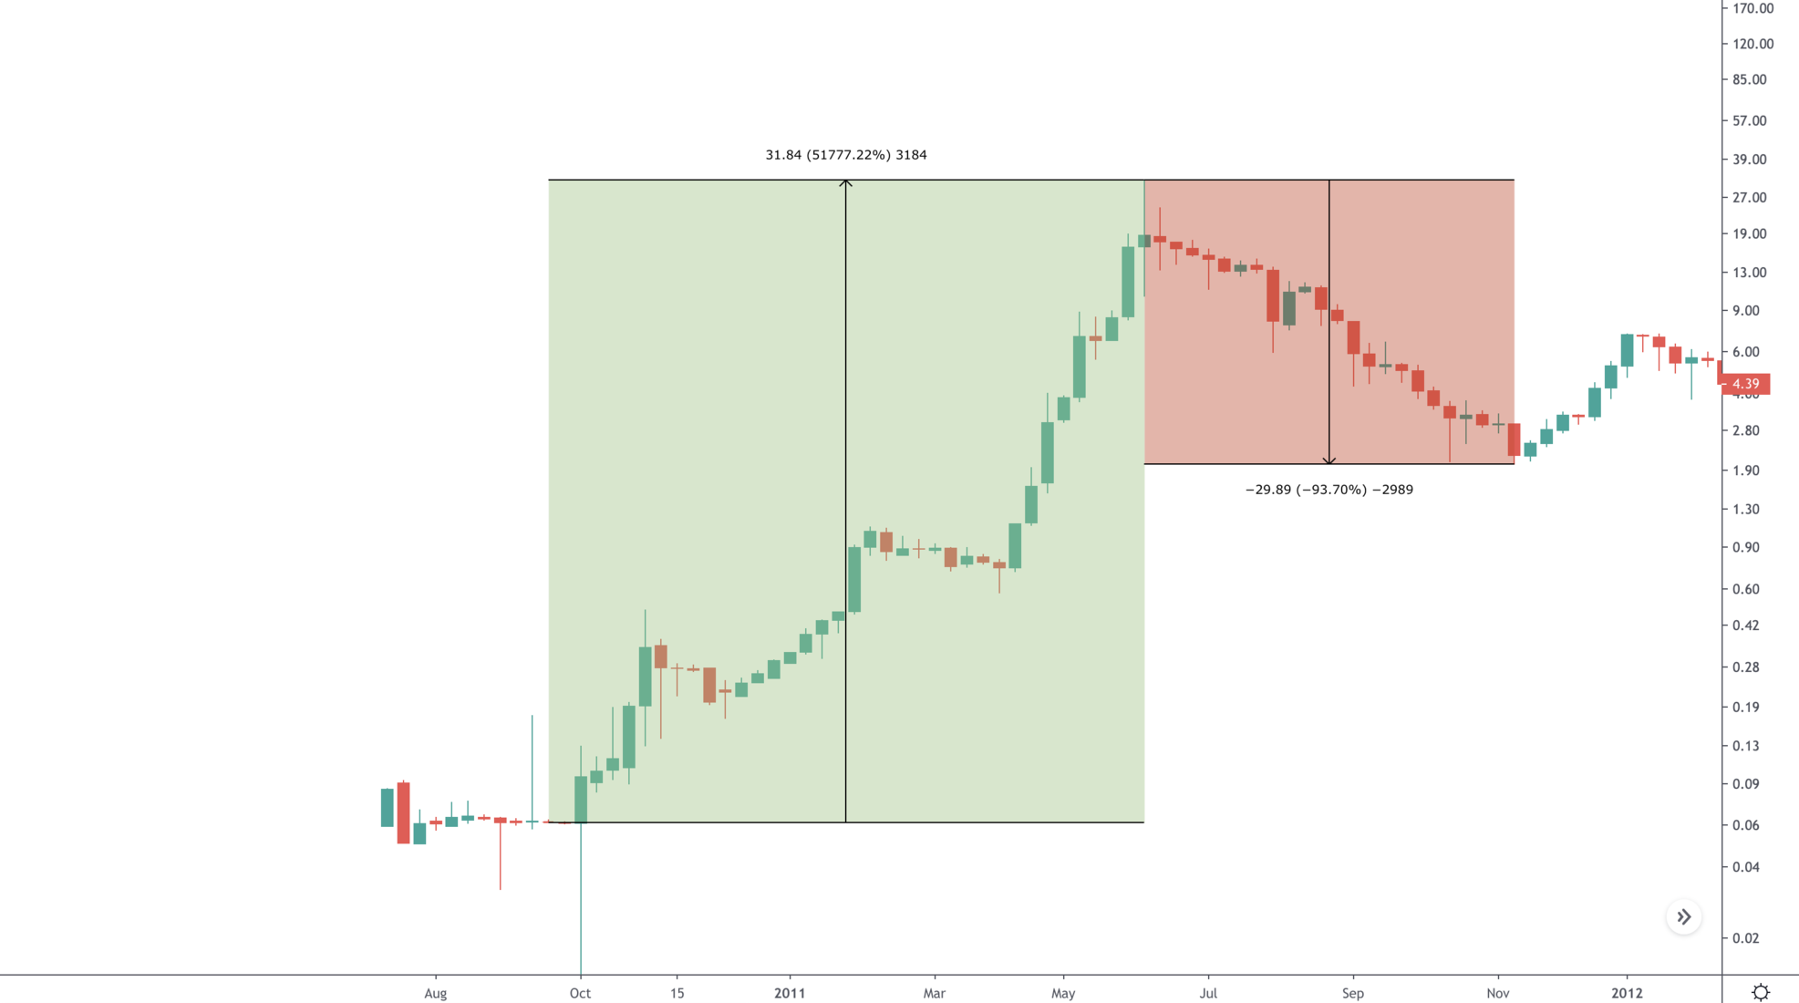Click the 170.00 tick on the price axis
1752,8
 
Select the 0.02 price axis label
1745,938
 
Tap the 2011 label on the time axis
790,993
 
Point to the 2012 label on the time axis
1627,993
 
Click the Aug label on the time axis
436,993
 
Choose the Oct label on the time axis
580,993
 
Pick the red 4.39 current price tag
1745,384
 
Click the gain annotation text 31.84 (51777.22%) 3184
846,155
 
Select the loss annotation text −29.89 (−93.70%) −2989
1329,490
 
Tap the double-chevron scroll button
1684,917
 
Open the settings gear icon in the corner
1761,992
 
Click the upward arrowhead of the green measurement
846,183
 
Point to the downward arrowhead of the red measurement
1329,460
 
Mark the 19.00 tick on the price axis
1749,234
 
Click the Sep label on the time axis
1353,993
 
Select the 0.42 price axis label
1745,626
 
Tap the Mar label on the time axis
934,993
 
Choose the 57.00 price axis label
1749,120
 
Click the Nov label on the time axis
1497,993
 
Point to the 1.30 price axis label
1745,510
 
